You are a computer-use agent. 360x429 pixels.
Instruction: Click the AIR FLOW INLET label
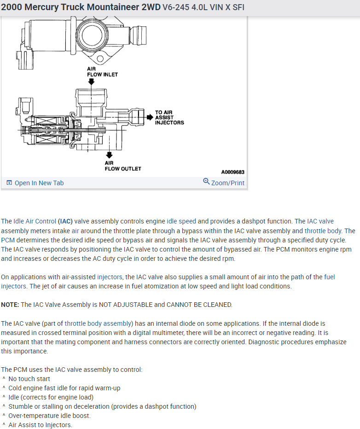pos(102,71)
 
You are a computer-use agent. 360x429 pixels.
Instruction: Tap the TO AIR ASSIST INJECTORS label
pos(169,118)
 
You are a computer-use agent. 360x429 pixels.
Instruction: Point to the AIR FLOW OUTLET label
pos(122,166)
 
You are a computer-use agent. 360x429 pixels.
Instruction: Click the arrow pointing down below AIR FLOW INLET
pos(92,82)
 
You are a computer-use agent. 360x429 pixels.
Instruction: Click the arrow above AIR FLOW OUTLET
pos(110,155)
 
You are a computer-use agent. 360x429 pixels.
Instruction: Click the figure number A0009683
pos(232,172)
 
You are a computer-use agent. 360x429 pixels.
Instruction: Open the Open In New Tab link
pos(39,183)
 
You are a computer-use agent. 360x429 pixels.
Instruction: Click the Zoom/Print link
pos(228,183)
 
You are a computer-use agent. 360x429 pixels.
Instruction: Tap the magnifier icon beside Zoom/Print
pos(206,182)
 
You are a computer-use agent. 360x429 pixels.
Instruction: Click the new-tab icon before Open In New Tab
pos(9,183)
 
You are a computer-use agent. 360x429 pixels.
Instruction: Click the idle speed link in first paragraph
pos(181,221)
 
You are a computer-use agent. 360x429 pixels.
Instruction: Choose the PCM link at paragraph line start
pos(8,240)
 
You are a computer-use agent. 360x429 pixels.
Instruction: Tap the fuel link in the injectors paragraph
pos(330,277)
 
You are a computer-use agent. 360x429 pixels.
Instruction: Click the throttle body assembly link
pos(98,323)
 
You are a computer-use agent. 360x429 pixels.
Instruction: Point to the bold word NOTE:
pos(10,305)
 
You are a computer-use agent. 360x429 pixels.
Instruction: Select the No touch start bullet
pos(29,379)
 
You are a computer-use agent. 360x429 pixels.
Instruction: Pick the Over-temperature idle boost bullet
pos(49,416)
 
